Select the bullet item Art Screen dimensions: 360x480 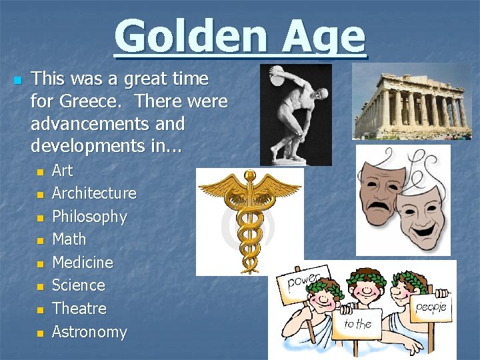click(x=62, y=171)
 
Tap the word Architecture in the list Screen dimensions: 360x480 click(x=94, y=193)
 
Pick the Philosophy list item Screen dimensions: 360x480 click(x=89, y=217)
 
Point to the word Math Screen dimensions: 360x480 click(x=69, y=239)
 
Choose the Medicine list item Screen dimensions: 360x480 click(x=83, y=262)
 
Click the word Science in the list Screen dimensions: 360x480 click(x=79, y=285)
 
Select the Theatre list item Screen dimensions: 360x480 click(x=79, y=308)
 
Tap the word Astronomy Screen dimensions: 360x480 click(x=89, y=331)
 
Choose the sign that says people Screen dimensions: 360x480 click(x=431, y=307)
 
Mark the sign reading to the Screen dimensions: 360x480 click(x=358, y=324)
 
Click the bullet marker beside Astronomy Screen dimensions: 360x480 click(x=39, y=332)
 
